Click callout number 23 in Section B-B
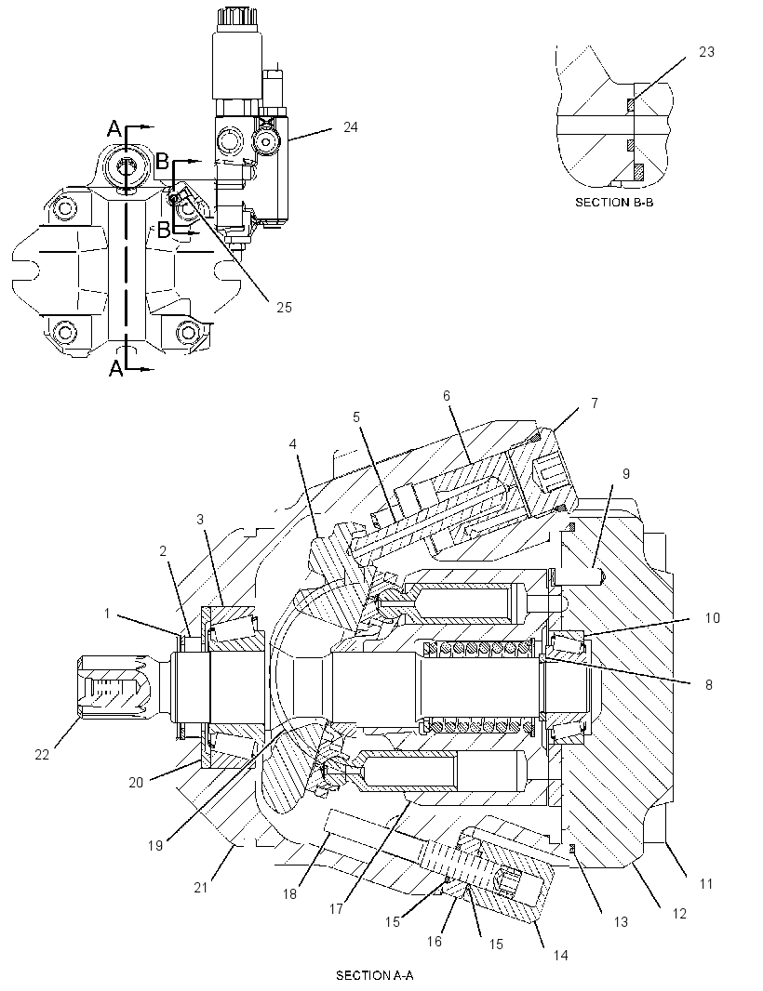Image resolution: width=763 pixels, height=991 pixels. (x=706, y=52)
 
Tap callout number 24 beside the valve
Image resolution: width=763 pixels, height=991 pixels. (x=351, y=127)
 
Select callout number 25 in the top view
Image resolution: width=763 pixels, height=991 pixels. (x=284, y=307)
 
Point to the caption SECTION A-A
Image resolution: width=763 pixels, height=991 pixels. (x=375, y=975)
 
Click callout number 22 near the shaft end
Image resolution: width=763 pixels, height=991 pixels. (x=42, y=755)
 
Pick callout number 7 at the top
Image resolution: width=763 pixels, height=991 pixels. (x=594, y=403)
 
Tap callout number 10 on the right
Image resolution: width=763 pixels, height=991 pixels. (x=713, y=617)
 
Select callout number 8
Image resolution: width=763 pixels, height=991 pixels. (x=709, y=684)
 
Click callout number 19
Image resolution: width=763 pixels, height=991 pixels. (x=155, y=846)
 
